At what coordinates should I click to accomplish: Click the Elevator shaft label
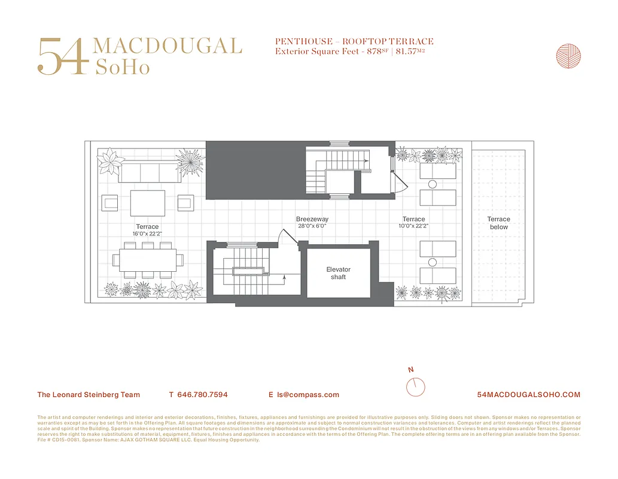click(338, 273)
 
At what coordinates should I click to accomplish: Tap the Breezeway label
click(312, 219)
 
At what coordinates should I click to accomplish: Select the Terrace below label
click(498, 223)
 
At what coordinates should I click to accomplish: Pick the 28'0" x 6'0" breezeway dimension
click(312, 226)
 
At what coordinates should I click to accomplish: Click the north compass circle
click(415, 387)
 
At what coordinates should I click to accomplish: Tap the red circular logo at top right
click(568, 56)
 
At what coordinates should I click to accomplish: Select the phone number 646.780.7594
click(203, 395)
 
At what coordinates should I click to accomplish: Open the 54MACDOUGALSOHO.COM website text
click(529, 395)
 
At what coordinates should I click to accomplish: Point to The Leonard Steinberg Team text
click(89, 395)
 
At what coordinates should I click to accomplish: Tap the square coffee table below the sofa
click(148, 203)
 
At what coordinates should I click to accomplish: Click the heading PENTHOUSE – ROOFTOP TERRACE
click(354, 41)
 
